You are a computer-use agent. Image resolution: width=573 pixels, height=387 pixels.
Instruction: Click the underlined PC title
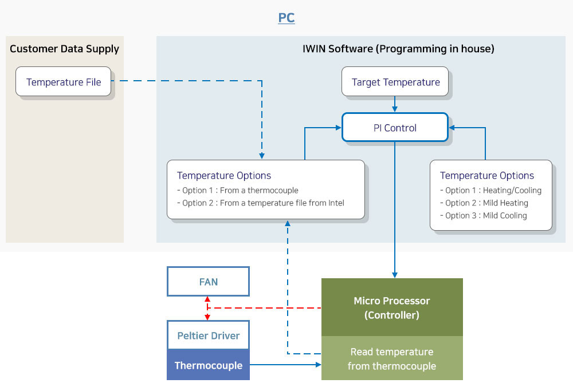tap(286, 18)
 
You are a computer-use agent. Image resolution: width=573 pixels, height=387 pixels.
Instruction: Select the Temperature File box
tap(63, 81)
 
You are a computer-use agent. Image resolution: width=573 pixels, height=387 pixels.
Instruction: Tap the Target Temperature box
tap(395, 81)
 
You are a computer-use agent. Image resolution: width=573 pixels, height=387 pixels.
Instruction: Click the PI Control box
tap(395, 128)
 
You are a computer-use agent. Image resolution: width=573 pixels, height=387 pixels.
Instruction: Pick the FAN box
tap(209, 282)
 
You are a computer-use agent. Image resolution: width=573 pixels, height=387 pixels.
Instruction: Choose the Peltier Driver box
tap(209, 335)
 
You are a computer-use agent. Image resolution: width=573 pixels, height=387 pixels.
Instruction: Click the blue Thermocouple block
tap(209, 365)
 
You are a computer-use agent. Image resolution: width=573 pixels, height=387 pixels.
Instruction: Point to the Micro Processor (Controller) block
tap(392, 307)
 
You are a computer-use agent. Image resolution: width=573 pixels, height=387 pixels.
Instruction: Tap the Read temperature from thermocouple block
tap(392, 358)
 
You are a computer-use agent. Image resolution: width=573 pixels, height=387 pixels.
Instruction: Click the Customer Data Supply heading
tap(64, 49)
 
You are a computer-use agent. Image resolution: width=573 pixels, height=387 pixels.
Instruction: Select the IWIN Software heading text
tap(398, 49)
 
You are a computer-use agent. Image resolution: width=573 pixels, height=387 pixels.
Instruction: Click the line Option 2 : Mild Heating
tap(484, 203)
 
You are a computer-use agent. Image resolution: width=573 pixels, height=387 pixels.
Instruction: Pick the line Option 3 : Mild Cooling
tap(484, 216)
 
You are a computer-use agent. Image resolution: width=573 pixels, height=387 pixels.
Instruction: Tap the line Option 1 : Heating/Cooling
tap(491, 191)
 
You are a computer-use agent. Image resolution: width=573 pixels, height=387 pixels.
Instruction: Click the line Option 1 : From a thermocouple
tap(238, 191)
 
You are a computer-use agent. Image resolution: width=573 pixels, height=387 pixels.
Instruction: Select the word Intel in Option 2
tap(336, 203)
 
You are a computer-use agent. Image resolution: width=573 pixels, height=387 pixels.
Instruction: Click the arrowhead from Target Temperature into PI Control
tap(395, 109)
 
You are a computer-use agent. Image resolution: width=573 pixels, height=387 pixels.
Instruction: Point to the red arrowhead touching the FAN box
tap(207, 299)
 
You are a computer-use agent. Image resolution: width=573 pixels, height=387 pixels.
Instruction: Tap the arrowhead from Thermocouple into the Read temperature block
tap(318, 364)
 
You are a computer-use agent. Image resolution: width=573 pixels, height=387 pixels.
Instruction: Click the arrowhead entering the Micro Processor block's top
tap(395, 275)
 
